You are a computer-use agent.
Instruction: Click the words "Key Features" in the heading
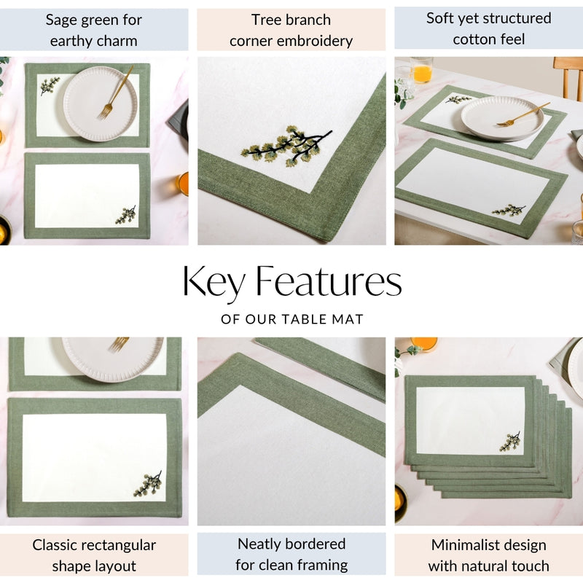click(291, 283)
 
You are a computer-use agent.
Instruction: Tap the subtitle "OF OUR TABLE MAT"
click(291, 319)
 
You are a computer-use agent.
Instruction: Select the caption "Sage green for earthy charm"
click(94, 30)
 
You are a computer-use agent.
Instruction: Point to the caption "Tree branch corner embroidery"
click(291, 30)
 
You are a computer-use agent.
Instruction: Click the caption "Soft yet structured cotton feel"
click(488, 28)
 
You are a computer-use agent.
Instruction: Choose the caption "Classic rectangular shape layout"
click(94, 555)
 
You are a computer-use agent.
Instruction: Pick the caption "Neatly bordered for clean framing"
click(291, 554)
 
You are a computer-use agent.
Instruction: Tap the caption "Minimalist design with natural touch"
click(488, 555)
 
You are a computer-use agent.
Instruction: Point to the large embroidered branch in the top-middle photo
click(286, 145)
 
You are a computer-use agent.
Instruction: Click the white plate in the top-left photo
click(99, 103)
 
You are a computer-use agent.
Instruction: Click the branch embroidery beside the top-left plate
click(50, 85)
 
